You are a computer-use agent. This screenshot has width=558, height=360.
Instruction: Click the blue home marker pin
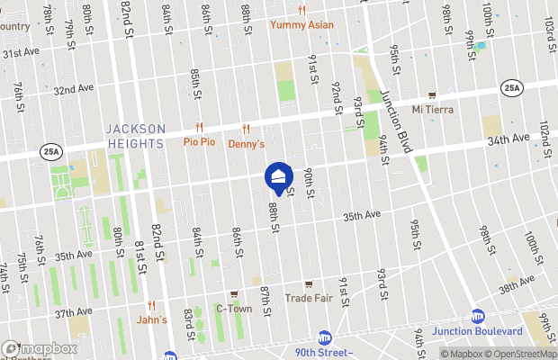[x=278, y=176]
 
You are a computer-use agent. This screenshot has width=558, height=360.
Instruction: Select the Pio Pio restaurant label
[x=199, y=142]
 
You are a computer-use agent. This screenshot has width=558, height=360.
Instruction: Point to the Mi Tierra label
[x=432, y=110]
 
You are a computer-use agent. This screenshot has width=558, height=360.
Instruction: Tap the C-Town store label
[x=233, y=308]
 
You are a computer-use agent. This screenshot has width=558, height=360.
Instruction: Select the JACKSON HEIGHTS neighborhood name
[x=135, y=136]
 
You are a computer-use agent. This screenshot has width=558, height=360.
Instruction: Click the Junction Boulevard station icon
[x=478, y=317]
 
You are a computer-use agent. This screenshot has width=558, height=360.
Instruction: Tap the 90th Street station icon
[x=324, y=337]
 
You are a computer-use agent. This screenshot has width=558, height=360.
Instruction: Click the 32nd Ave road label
[x=74, y=90]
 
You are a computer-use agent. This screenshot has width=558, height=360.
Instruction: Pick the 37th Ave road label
[x=74, y=313]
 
